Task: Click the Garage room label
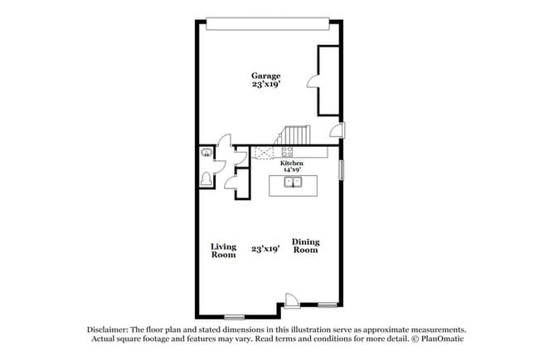pyautogui.click(x=266, y=75)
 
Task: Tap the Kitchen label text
pyautogui.click(x=291, y=163)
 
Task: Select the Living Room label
pyautogui.click(x=223, y=250)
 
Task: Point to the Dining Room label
pyautogui.click(x=305, y=246)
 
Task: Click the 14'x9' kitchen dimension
pyautogui.click(x=291, y=170)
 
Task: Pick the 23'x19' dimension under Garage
pyautogui.click(x=266, y=84)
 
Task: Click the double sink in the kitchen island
pyautogui.click(x=292, y=182)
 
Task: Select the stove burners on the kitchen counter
pyautogui.click(x=287, y=152)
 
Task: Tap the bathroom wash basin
pyautogui.click(x=204, y=152)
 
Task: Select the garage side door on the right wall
pyautogui.click(x=337, y=129)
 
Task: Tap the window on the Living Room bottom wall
pyautogui.click(x=235, y=316)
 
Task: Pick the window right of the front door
pyautogui.click(x=328, y=304)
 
